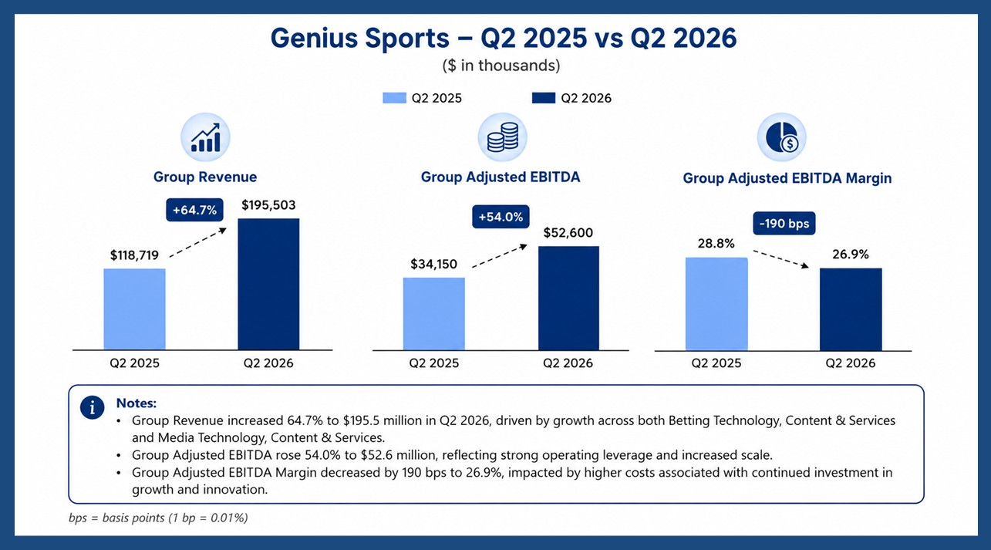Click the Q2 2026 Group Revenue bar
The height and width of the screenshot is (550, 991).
(x=268, y=284)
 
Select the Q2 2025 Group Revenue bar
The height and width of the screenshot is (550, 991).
(x=134, y=309)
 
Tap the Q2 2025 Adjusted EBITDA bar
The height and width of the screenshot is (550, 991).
(x=434, y=314)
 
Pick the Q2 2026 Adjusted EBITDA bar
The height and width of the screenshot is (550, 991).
(x=568, y=299)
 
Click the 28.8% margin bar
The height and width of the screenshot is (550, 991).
(x=716, y=304)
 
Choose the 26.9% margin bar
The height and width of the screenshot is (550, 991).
(x=851, y=309)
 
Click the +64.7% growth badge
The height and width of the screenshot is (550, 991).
(x=194, y=210)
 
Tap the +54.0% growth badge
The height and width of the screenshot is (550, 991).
(x=501, y=217)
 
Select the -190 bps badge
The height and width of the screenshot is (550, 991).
(x=784, y=224)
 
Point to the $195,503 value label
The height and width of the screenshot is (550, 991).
(x=268, y=205)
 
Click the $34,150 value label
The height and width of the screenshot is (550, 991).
(x=433, y=264)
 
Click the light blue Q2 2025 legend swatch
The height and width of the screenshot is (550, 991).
(x=394, y=98)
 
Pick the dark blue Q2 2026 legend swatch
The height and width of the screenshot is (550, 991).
(x=543, y=98)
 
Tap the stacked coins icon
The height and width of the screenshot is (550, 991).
(x=502, y=137)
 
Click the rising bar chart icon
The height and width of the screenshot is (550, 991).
(x=205, y=137)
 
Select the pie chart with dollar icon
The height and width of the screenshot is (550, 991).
(x=782, y=137)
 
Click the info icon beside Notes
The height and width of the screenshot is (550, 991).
(x=92, y=407)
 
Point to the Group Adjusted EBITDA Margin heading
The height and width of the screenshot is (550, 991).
(x=787, y=178)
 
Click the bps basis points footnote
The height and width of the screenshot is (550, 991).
(x=158, y=518)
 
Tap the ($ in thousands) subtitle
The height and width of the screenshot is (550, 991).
(x=501, y=66)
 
